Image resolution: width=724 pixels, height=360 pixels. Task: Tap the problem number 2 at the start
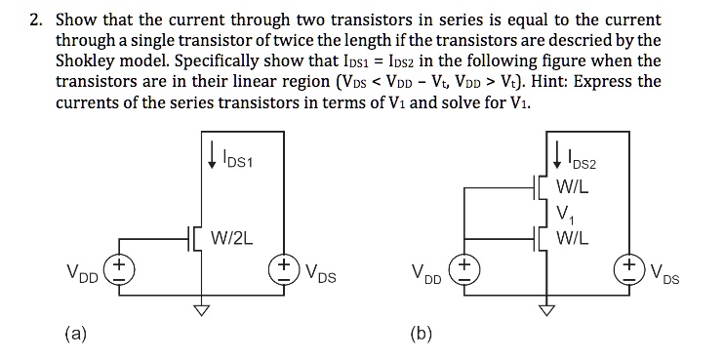coord(34,20)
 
